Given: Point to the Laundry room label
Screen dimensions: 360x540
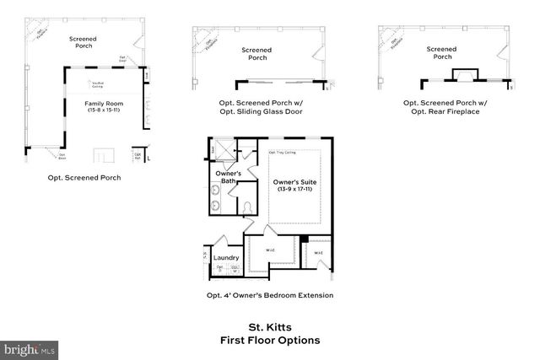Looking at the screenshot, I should tap(225, 258).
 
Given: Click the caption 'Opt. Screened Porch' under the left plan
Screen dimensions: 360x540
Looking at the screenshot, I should tap(84, 178).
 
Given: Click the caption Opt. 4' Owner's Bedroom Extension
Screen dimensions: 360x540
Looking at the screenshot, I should tap(270, 295).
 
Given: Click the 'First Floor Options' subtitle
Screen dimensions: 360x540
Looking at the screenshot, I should tap(270, 341).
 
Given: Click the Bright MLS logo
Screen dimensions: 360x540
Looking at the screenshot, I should tap(30, 348).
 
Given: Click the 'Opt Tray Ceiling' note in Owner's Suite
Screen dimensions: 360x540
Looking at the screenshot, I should tap(282, 153).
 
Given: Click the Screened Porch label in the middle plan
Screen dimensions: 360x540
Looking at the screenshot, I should tap(256, 54).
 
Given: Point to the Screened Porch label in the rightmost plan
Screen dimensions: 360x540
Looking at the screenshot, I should tap(442, 53).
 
